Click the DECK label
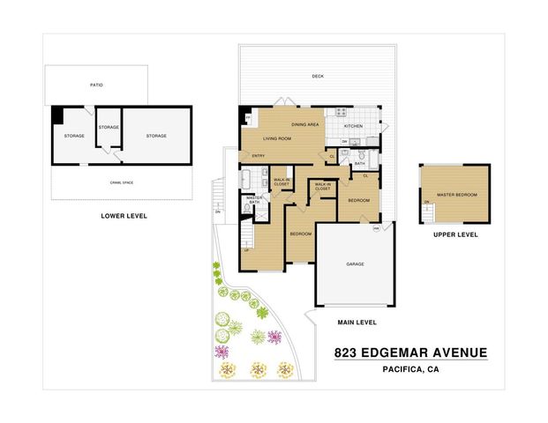(x=317, y=77)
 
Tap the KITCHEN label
(x=353, y=126)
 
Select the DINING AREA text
(x=305, y=124)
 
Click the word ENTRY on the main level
(x=259, y=157)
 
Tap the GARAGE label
(x=355, y=264)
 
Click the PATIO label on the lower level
(x=96, y=85)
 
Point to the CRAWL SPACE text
(x=122, y=182)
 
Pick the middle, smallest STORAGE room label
(x=109, y=128)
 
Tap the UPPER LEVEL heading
(x=455, y=234)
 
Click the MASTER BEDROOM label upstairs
(x=457, y=195)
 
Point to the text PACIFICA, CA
(x=410, y=370)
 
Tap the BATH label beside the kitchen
(x=360, y=163)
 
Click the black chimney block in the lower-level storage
(x=57, y=114)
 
